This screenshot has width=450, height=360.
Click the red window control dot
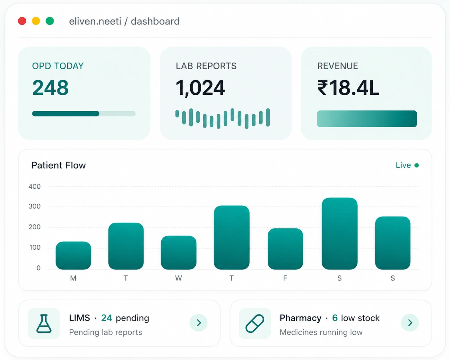pyautogui.click(x=22, y=21)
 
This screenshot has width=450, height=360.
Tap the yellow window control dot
pyautogui.click(x=36, y=21)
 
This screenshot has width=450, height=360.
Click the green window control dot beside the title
pyautogui.click(x=50, y=21)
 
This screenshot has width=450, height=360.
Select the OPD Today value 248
pyautogui.click(x=50, y=88)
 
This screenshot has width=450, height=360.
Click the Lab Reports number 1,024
pyautogui.click(x=200, y=88)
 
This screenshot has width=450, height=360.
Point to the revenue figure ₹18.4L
pyautogui.click(x=348, y=88)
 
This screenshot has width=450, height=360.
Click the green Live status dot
pyautogui.click(x=417, y=165)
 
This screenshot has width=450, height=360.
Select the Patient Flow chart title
pyautogui.click(x=58, y=165)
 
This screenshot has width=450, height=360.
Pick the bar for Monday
pyautogui.click(x=74, y=255)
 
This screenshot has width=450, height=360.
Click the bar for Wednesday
pyautogui.click(x=178, y=253)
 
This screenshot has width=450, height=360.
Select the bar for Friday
pyautogui.click(x=285, y=249)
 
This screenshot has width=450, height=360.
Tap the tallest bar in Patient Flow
pyautogui.click(x=340, y=234)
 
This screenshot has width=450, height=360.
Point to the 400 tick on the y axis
pyautogui.click(x=34, y=186)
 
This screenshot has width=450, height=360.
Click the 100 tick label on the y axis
pyautogui.click(x=35, y=247)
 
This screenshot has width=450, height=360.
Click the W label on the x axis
pyautogui.click(x=178, y=278)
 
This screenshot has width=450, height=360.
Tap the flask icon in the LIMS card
pyautogui.click(x=44, y=323)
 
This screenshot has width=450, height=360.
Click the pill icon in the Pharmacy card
pyautogui.click(x=255, y=323)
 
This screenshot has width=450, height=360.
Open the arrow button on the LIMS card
pyautogui.click(x=198, y=323)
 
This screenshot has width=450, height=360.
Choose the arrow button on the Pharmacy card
pyautogui.click(x=410, y=323)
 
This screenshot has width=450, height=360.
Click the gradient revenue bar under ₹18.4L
pyautogui.click(x=367, y=119)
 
